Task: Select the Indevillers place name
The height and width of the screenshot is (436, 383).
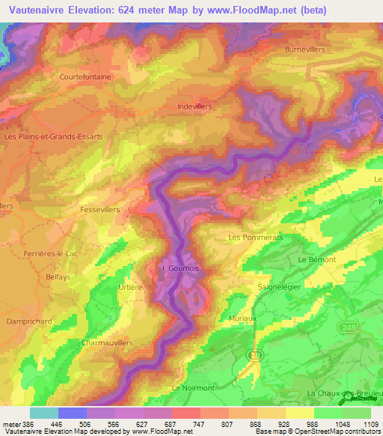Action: [195, 106]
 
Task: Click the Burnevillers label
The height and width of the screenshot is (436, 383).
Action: [307, 49]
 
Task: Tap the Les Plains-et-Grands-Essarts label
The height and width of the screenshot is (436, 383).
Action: [53, 137]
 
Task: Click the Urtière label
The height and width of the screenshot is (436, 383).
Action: [130, 286]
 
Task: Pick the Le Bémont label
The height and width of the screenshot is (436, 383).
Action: [317, 259]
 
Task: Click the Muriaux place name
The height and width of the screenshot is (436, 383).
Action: [242, 318]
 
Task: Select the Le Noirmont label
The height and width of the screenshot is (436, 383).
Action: [193, 387]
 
